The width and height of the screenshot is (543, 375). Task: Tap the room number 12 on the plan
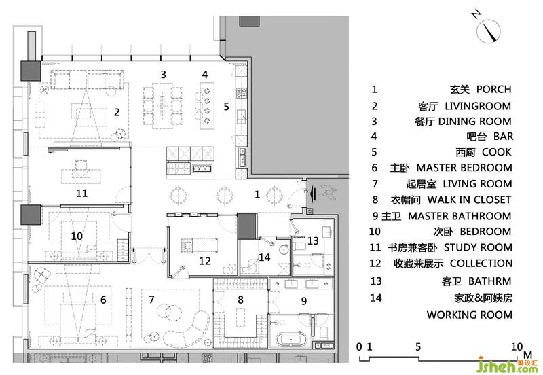pos(205,261)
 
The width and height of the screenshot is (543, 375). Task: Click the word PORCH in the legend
pos(494,90)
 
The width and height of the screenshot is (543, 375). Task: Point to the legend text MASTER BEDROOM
pos(464,168)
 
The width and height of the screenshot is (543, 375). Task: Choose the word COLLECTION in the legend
pos(481,264)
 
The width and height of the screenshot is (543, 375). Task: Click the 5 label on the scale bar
pos(418,346)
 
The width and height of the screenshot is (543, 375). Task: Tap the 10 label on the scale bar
pos(517,346)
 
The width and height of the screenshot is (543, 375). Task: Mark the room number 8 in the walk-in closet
pos(240,300)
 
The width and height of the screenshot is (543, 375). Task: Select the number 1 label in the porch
pos(257,194)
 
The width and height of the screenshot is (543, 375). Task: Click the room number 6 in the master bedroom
pos(103,300)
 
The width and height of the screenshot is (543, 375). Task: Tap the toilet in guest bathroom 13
pos(299,246)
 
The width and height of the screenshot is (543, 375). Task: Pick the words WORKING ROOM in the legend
pos(469,315)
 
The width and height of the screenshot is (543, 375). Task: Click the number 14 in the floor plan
pos(264,257)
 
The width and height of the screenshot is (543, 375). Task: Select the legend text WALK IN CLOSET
pos(469,200)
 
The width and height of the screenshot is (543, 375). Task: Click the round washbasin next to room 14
pos(284,249)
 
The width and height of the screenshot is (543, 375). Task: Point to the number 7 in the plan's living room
pos(151,300)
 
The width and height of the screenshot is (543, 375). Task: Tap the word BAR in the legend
pos(503,137)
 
